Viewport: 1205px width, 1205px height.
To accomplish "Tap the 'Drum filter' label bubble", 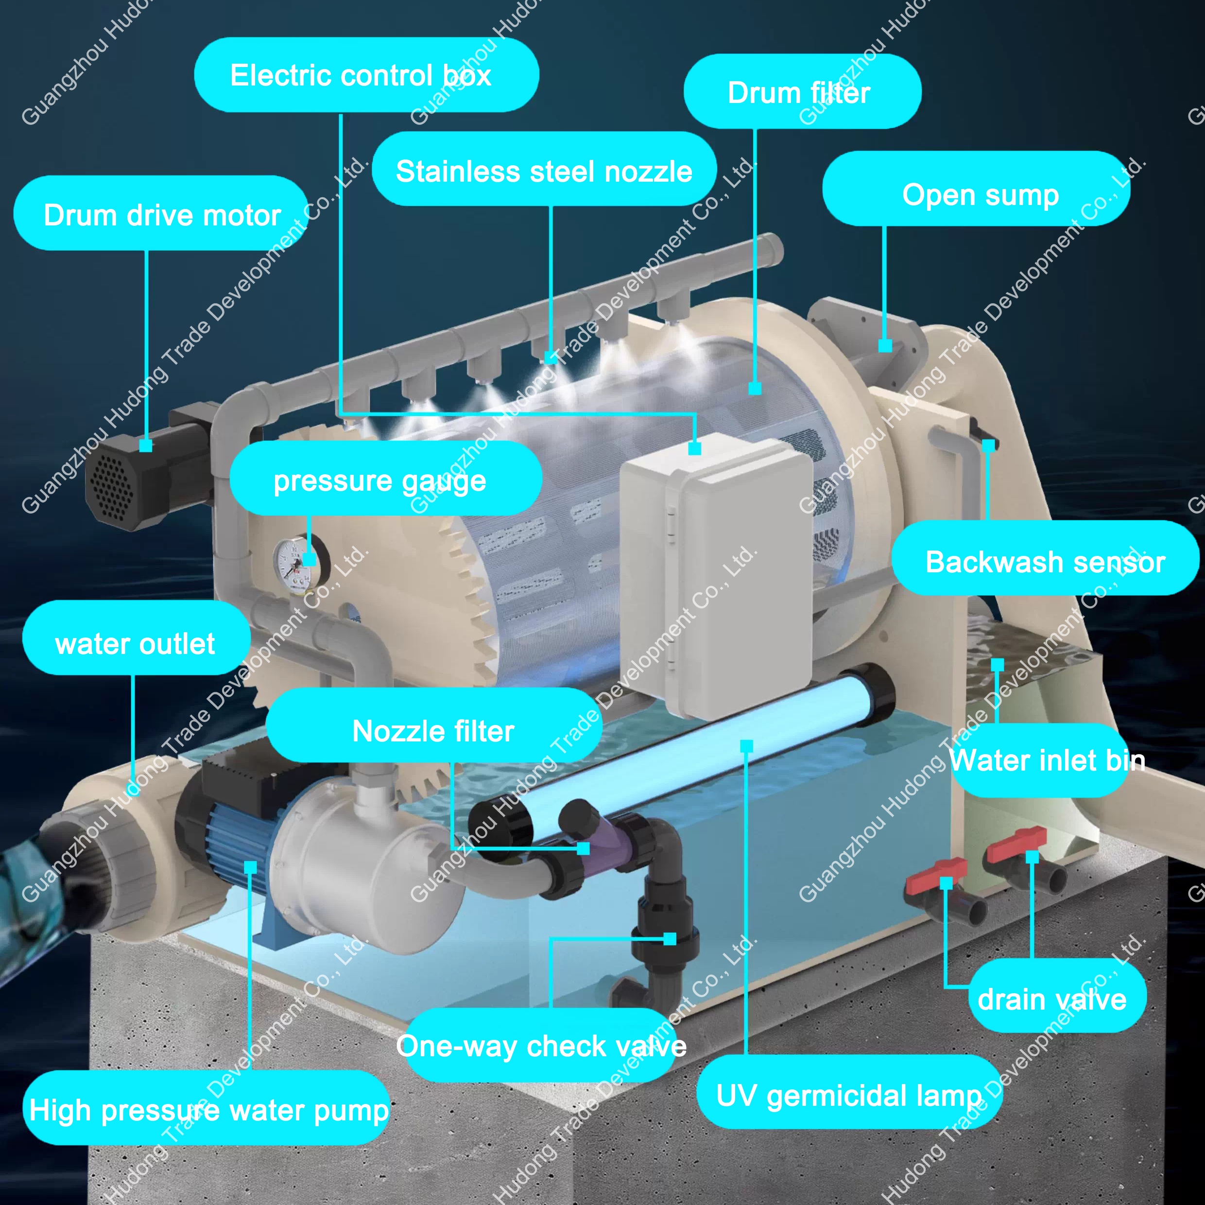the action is [802, 92].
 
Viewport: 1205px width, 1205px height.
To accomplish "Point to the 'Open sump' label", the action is [976, 189].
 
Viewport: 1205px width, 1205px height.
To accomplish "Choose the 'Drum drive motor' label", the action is [161, 213].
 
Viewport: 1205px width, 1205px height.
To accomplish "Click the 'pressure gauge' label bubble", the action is [385, 479].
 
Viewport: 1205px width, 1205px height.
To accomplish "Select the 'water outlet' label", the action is [136, 637].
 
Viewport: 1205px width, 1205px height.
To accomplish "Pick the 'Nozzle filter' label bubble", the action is [433, 725].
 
